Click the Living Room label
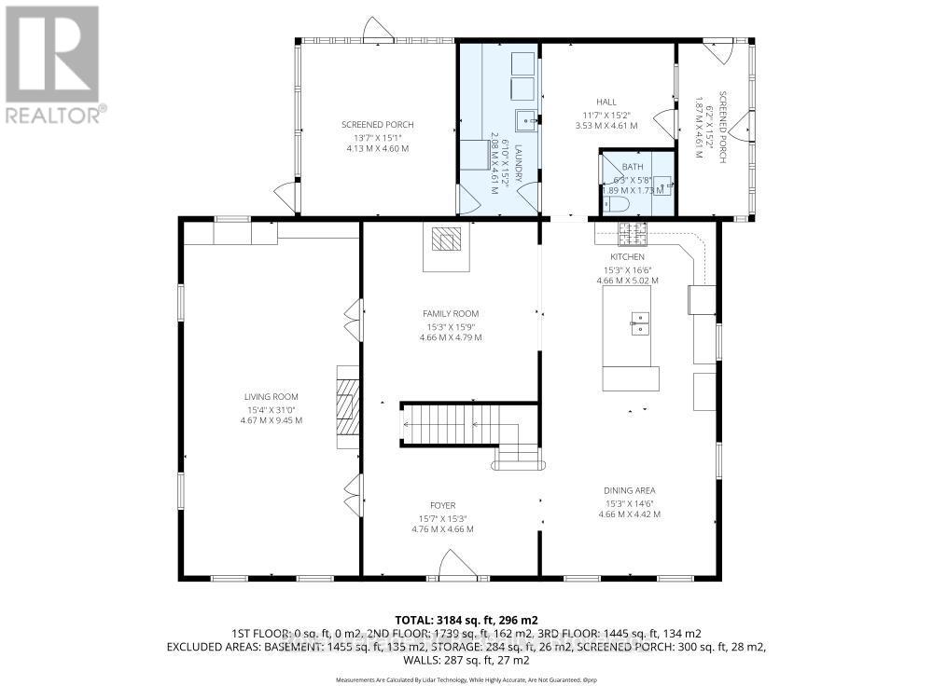tap(272, 397)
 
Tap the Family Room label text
tap(451, 314)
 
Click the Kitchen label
tap(628, 257)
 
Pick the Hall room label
tap(606, 103)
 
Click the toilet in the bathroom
tap(617, 202)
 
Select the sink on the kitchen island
tap(640, 322)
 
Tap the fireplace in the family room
tap(445, 240)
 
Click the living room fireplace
tap(347, 407)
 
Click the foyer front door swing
tap(457, 562)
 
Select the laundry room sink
tap(525, 118)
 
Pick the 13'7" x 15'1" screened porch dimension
tap(377, 137)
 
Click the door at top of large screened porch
tap(376, 28)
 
